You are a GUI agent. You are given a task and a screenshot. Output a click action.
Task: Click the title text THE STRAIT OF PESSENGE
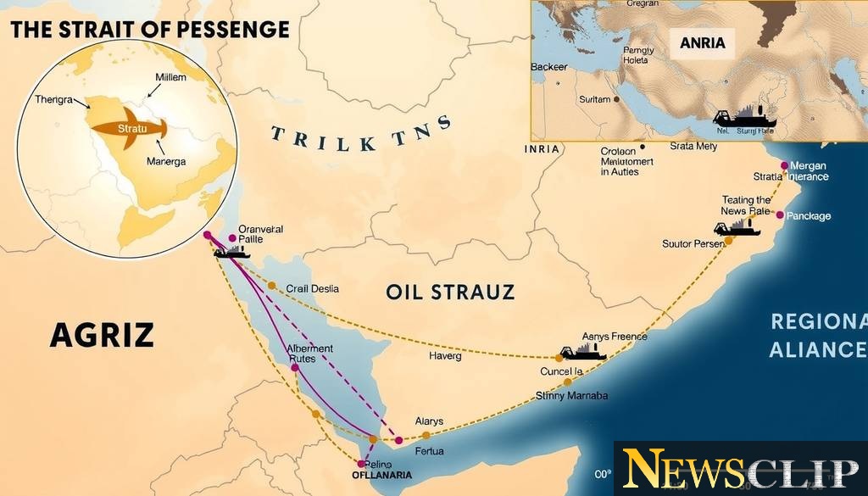(150, 30)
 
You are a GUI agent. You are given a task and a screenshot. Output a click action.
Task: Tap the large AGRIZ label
(102, 336)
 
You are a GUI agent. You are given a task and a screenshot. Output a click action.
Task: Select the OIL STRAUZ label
(449, 293)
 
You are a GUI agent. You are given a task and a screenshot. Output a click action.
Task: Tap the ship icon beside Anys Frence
(581, 352)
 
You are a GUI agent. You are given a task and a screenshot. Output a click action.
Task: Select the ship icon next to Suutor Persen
(736, 228)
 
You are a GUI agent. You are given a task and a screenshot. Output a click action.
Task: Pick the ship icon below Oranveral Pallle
(231, 252)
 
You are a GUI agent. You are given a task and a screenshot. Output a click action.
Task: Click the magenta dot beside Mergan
(784, 166)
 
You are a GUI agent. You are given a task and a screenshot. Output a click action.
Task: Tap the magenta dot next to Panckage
(780, 215)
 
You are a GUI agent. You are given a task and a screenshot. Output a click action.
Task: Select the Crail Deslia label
(312, 289)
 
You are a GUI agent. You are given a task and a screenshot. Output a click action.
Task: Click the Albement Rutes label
(310, 354)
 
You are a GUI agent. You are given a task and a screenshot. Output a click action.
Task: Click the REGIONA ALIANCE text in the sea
(818, 336)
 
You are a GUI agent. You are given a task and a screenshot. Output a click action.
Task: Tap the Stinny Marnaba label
(572, 396)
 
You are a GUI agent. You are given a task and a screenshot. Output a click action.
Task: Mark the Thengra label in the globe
(54, 99)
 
